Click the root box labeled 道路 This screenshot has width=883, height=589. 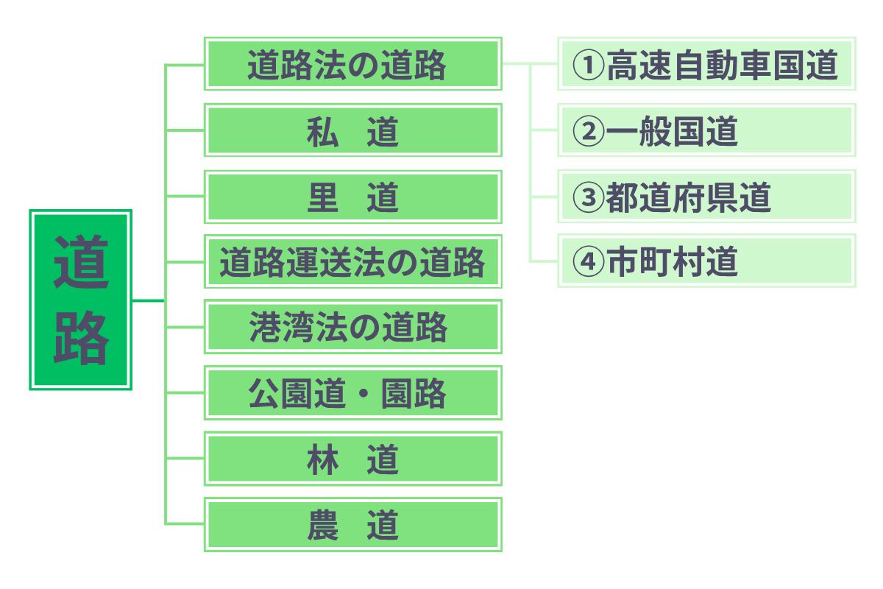click(81, 300)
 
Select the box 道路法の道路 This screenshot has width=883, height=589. click(353, 64)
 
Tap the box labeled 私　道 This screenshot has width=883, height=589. click(353, 130)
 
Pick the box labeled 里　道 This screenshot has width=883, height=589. click(353, 197)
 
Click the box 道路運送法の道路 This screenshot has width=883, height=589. click(353, 261)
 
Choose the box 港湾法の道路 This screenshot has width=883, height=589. click(353, 326)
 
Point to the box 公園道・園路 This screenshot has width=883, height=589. click(353, 393)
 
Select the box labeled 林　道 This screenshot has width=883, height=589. click(353, 459)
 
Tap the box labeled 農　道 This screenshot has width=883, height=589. click(353, 524)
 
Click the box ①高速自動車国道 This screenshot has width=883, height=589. click(706, 64)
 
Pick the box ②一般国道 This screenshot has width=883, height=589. click(706, 130)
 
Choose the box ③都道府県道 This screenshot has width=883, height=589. click(706, 196)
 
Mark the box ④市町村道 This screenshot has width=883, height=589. click(706, 261)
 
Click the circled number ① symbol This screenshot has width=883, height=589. click(588, 65)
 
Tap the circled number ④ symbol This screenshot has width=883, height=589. click(588, 261)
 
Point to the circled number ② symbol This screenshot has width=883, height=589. click(588, 131)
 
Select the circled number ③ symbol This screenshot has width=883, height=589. click(588, 197)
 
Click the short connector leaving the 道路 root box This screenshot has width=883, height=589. click(148, 300)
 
